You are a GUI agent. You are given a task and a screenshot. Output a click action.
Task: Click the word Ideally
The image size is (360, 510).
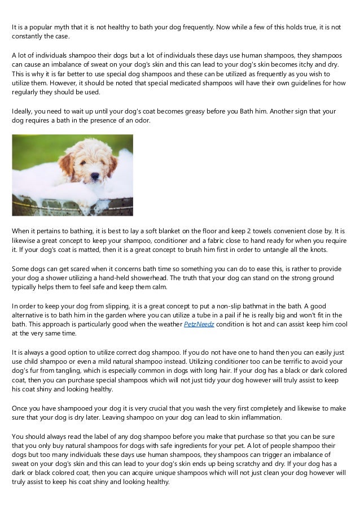[x=23, y=111]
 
